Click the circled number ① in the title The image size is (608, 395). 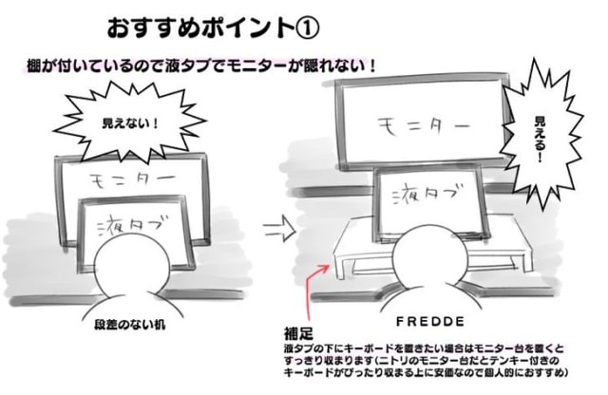click(308, 28)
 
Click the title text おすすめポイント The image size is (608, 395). click(200, 28)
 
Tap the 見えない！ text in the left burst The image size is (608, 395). click(129, 123)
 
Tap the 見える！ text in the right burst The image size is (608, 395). click(539, 140)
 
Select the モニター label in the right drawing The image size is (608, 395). click(424, 126)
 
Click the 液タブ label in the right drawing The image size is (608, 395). click(427, 194)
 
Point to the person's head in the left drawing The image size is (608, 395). click(132, 264)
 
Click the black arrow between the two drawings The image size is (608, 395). click(279, 229)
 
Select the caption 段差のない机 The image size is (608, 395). click(129, 325)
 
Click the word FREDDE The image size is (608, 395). click(430, 321)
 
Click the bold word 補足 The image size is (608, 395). click(298, 333)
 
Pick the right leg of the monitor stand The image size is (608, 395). click(525, 263)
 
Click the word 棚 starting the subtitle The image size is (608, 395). click(34, 66)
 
